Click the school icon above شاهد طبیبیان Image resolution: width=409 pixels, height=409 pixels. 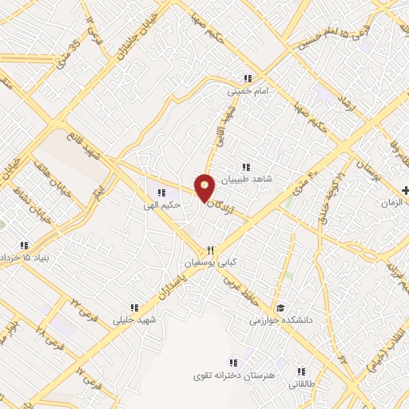pos(247,167)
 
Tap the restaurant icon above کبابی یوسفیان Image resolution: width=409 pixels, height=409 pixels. pos(210,249)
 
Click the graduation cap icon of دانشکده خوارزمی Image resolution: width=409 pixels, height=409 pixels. pos(280,308)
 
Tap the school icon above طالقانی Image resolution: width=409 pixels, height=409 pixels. pos(301,371)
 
